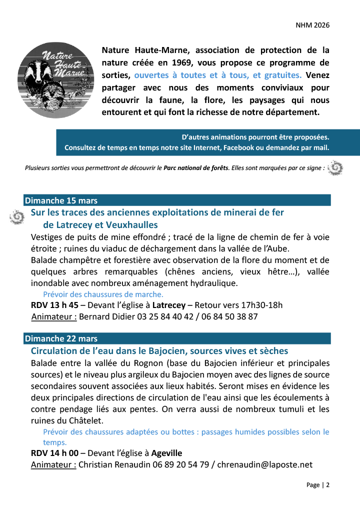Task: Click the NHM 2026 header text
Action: [x=312, y=25]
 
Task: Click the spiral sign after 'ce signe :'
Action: [x=335, y=168]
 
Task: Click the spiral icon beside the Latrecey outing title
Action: [x=17, y=216]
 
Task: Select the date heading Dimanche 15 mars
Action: [x=61, y=200]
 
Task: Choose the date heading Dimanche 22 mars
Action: [x=61, y=339]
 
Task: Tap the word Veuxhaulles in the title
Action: [x=133, y=224]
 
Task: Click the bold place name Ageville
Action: [x=167, y=453]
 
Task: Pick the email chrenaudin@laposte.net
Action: [x=265, y=464]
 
